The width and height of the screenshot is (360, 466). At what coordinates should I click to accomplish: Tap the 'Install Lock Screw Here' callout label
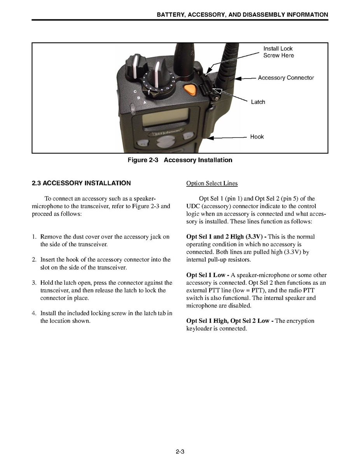[x=278, y=52]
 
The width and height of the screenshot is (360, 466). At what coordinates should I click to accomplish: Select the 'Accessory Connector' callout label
[x=286, y=78]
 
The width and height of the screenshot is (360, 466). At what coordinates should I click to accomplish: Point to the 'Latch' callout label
[x=258, y=102]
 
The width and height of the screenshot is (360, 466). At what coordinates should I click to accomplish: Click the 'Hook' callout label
[x=257, y=137]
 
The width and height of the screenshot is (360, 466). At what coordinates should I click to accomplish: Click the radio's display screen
[x=166, y=117]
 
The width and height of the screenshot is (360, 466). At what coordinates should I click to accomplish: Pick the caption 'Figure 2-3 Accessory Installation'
[x=180, y=160]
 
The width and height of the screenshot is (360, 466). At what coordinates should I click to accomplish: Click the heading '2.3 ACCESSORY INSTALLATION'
[x=81, y=183]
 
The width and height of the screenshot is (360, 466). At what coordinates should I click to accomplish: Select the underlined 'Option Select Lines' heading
[x=212, y=184]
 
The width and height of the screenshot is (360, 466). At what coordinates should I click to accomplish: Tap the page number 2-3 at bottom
[x=180, y=452]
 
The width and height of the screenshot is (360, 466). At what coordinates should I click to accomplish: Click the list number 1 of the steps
[x=34, y=237]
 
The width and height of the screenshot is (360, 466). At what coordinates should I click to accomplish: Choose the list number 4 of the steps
[x=34, y=314]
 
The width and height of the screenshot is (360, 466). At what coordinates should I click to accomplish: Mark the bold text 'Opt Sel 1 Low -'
[x=208, y=275]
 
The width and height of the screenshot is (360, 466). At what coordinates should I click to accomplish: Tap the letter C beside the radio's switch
[x=135, y=91]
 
